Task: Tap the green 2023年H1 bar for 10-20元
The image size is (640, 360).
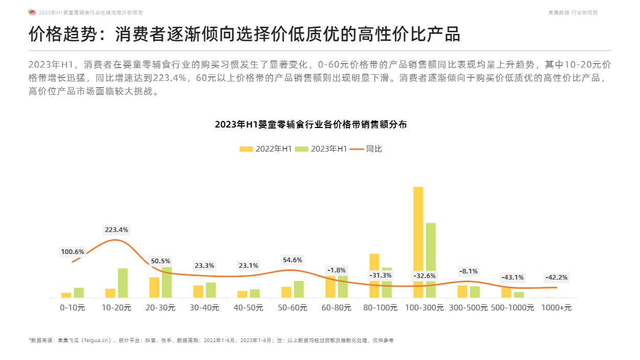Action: click(123, 283)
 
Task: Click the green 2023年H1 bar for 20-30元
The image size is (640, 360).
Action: click(167, 282)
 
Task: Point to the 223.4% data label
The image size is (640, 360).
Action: click(117, 230)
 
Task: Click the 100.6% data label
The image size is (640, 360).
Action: click(73, 252)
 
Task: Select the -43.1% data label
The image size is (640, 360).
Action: click(512, 278)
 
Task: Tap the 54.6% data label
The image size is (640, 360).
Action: click(292, 260)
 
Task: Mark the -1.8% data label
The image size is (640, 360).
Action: click(336, 270)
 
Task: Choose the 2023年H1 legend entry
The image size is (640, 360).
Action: click(321, 149)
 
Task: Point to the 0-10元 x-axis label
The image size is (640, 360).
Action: click(73, 308)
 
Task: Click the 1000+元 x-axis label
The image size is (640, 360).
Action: click(557, 308)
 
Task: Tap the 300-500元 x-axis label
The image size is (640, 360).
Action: click(468, 308)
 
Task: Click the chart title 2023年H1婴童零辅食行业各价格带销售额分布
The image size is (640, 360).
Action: click(311, 124)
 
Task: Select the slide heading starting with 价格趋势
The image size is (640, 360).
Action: click(244, 34)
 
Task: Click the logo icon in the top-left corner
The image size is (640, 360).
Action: click(32, 12)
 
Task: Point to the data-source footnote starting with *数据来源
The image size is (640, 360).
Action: click(211, 340)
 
